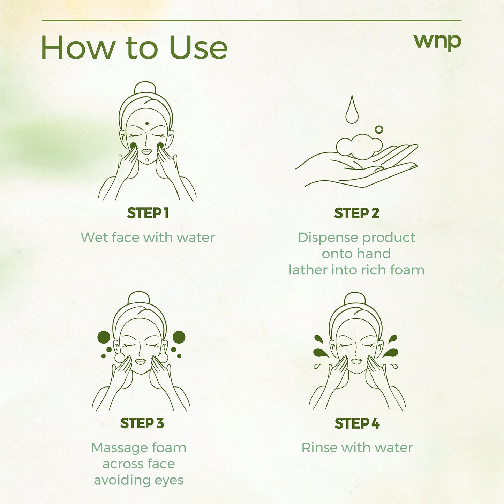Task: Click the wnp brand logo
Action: [437, 42]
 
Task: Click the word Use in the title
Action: [198, 47]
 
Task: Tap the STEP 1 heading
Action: [148, 213]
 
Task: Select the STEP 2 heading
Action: [356, 213]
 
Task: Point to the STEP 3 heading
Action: [142, 423]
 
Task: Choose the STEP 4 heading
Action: [357, 423]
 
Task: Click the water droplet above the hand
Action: [352, 111]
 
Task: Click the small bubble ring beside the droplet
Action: [379, 130]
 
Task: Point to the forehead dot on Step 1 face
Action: [146, 123]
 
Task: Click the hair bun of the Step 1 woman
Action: [145, 88]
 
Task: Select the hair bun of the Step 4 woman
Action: [355, 298]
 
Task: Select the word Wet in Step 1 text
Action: [94, 238]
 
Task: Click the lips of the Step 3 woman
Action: [140, 361]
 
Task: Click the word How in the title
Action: [78, 47]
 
